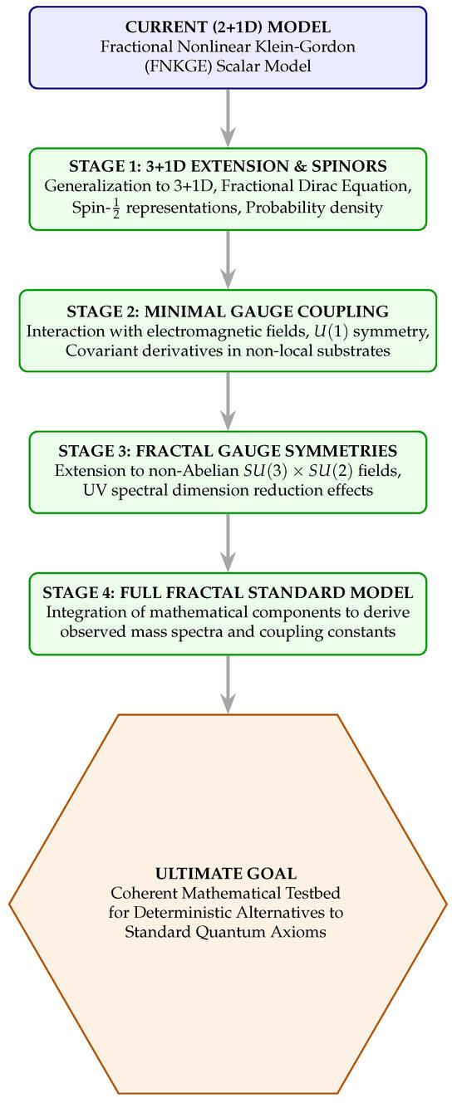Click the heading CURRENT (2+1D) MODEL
coord(228,27)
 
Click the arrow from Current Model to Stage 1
coord(228,118)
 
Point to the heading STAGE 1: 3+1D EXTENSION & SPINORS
coord(228,166)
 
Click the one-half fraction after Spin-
coord(116,208)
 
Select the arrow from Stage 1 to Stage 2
coord(228,259)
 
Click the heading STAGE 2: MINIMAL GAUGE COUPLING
coord(228,311)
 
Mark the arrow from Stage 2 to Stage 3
coord(228,401)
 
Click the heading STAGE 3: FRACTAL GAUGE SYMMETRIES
coord(228,450)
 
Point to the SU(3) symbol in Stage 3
coord(265,471)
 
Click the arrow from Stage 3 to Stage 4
coord(228,542)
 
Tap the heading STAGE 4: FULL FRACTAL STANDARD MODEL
coord(228,592)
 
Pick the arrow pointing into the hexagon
coord(228,684)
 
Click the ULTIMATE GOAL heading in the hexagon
coord(226,873)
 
